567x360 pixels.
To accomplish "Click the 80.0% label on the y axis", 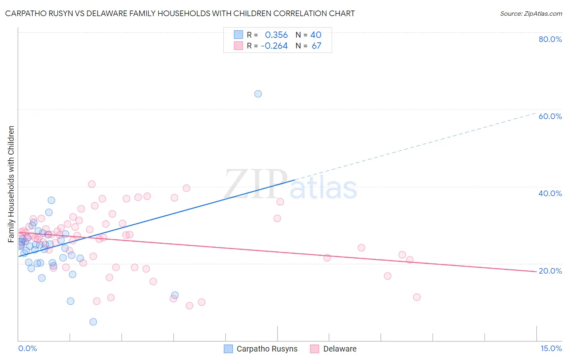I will tap(550, 39).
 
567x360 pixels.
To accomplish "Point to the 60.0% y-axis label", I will tap(550, 116).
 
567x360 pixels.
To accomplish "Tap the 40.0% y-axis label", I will tap(550, 193).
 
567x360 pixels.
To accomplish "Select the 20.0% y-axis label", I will tap(550, 271).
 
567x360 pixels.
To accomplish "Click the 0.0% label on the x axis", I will tap(27, 348).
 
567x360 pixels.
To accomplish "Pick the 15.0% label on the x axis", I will tap(551, 348).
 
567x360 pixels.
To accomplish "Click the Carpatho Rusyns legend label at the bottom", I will tap(267, 349).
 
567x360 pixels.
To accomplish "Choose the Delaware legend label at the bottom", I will tap(340, 349).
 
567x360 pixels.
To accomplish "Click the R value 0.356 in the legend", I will tap(276, 35).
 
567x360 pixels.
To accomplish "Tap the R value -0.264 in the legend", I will tap(274, 46).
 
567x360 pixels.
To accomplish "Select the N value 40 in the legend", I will tap(316, 35).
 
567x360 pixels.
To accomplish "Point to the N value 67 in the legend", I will tap(316, 46).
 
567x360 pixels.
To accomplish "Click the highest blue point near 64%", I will tap(258, 94).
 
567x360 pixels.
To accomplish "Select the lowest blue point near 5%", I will tap(93, 322).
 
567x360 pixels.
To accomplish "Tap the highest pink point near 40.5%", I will tap(92, 184).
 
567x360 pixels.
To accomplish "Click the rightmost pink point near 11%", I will tap(417, 297).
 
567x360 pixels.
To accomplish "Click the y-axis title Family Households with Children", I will tap(11, 184).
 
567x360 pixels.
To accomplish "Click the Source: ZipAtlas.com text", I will tap(531, 14).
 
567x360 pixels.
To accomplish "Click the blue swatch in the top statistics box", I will tap(238, 35).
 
